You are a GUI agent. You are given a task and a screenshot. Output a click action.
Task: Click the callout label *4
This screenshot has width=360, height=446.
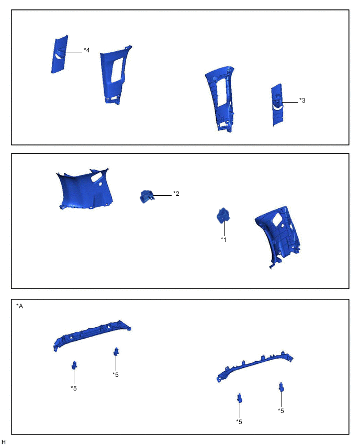click(87, 50)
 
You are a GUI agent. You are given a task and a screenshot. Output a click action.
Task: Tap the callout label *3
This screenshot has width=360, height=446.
click(302, 101)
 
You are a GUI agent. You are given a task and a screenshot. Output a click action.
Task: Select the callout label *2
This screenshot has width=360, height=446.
click(176, 193)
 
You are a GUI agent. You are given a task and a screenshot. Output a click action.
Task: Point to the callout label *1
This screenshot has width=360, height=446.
click(224, 240)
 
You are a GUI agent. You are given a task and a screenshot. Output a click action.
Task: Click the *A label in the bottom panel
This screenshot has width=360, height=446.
click(19, 306)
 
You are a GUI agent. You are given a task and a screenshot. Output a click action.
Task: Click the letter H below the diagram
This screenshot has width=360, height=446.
click(4, 442)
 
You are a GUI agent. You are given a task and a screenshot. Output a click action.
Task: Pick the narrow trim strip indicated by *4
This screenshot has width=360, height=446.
click(60, 54)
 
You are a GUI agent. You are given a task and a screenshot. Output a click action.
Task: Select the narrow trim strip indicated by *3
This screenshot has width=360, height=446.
click(277, 105)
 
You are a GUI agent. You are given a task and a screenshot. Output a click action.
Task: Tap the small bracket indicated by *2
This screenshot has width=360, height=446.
click(147, 196)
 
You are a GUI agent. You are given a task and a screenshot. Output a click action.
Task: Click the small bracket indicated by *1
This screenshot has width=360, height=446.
click(223, 215)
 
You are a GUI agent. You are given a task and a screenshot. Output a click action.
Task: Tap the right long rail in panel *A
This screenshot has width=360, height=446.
click(254, 366)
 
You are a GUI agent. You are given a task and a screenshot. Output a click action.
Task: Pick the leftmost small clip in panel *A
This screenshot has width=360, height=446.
click(74, 365)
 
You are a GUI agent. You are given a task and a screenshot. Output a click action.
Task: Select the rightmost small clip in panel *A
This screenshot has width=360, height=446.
click(282, 387)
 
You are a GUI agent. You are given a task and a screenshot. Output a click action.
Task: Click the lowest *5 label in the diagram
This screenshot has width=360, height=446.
click(239, 421)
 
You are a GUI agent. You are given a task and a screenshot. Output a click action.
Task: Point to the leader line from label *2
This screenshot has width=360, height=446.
click(163, 195)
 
